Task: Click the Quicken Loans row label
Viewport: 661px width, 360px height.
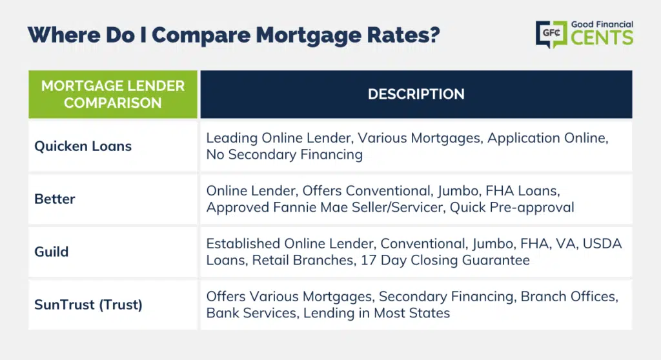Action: pos(83,146)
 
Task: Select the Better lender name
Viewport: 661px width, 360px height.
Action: pos(55,199)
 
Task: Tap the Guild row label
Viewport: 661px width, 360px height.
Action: pos(52,252)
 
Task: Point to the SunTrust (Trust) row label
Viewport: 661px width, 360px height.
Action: pos(88,305)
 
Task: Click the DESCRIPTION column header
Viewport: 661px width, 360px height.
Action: pos(416,94)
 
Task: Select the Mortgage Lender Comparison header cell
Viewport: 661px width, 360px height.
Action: pos(113,94)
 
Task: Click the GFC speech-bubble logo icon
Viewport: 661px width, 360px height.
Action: pos(551,34)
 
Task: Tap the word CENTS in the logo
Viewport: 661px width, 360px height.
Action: pos(602,37)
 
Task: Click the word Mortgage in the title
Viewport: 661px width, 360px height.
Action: pos(308,35)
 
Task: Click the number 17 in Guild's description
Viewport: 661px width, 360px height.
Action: pos(367,260)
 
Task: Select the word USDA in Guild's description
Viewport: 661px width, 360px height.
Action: pos(602,244)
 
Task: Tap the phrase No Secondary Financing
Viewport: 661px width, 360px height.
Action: pos(285,155)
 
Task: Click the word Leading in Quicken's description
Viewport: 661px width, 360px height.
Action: pos(232,138)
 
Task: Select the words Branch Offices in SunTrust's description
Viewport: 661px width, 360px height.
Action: pos(569,297)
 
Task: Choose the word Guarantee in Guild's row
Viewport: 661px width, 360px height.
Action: pos(496,260)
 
